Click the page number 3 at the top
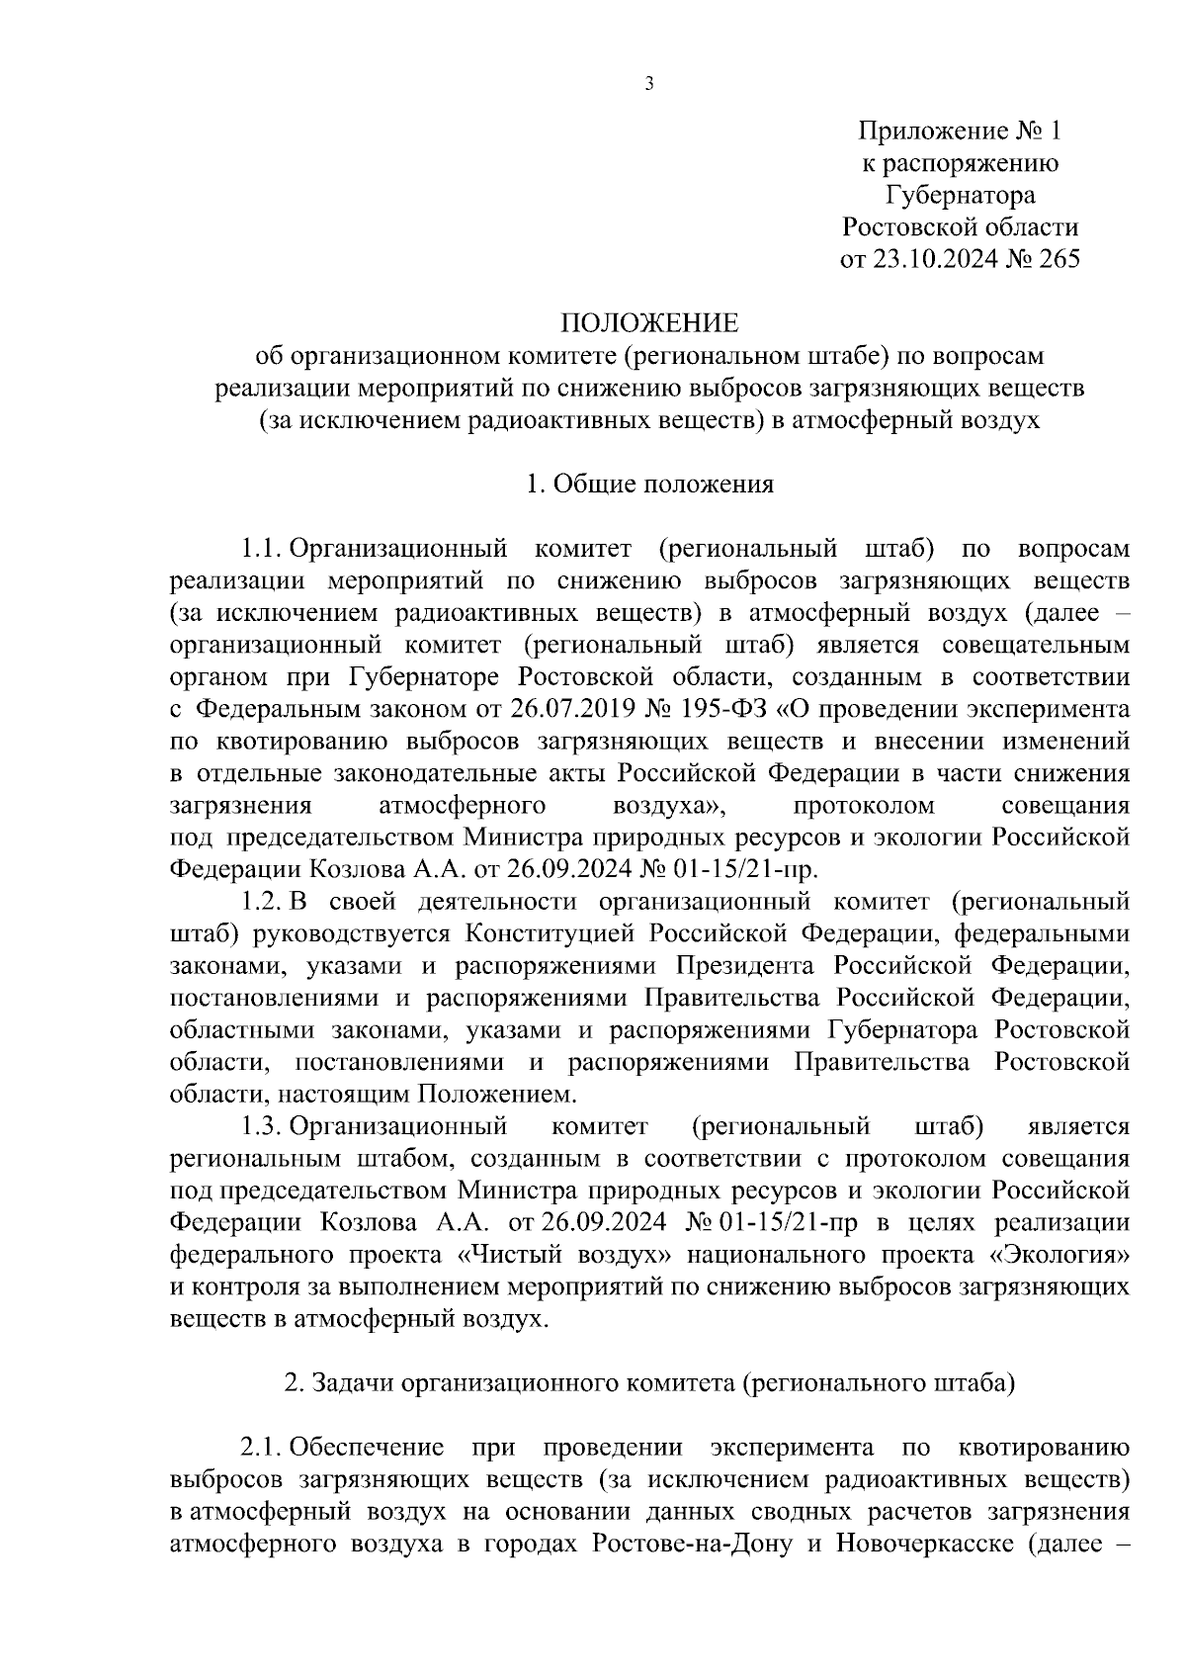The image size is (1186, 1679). click(x=649, y=85)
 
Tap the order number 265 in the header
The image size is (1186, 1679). click(x=1055, y=259)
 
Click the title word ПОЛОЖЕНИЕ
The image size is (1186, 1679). click(x=649, y=323)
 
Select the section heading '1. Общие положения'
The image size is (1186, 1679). click(x=649, y=485)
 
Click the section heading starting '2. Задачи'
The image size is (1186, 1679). click(x=649, y=1384)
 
